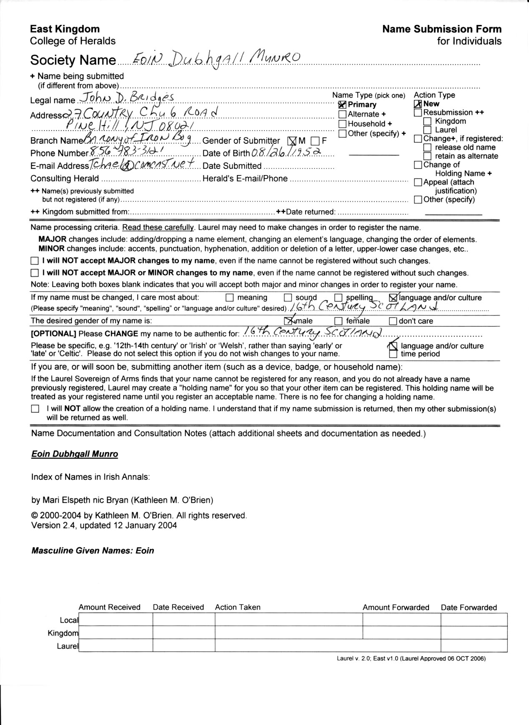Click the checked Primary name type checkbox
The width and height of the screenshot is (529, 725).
pos(343,105)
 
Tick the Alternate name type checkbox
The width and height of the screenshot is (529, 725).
pos(343,114)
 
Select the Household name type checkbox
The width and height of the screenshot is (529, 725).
pos(343,124)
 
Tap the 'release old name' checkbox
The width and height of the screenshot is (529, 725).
pos(427,147)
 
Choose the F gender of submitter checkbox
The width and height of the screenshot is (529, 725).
pos(315,141)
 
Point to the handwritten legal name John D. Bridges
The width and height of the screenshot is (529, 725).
pos(127,98)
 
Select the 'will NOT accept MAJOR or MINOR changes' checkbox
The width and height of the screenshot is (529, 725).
pos(34,273)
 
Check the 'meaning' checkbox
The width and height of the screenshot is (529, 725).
pos(230,298)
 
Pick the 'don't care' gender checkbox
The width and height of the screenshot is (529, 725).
pos(393,321)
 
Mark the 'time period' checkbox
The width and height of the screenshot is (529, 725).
pos(393,354)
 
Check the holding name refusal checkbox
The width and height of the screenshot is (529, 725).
pos(35,409)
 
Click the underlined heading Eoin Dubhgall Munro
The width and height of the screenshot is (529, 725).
pos(75,454)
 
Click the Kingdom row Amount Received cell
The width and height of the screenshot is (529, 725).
pos(116,633)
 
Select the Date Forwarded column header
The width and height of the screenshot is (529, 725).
pos(469,607)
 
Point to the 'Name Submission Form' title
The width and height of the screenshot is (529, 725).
pos(442,29)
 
